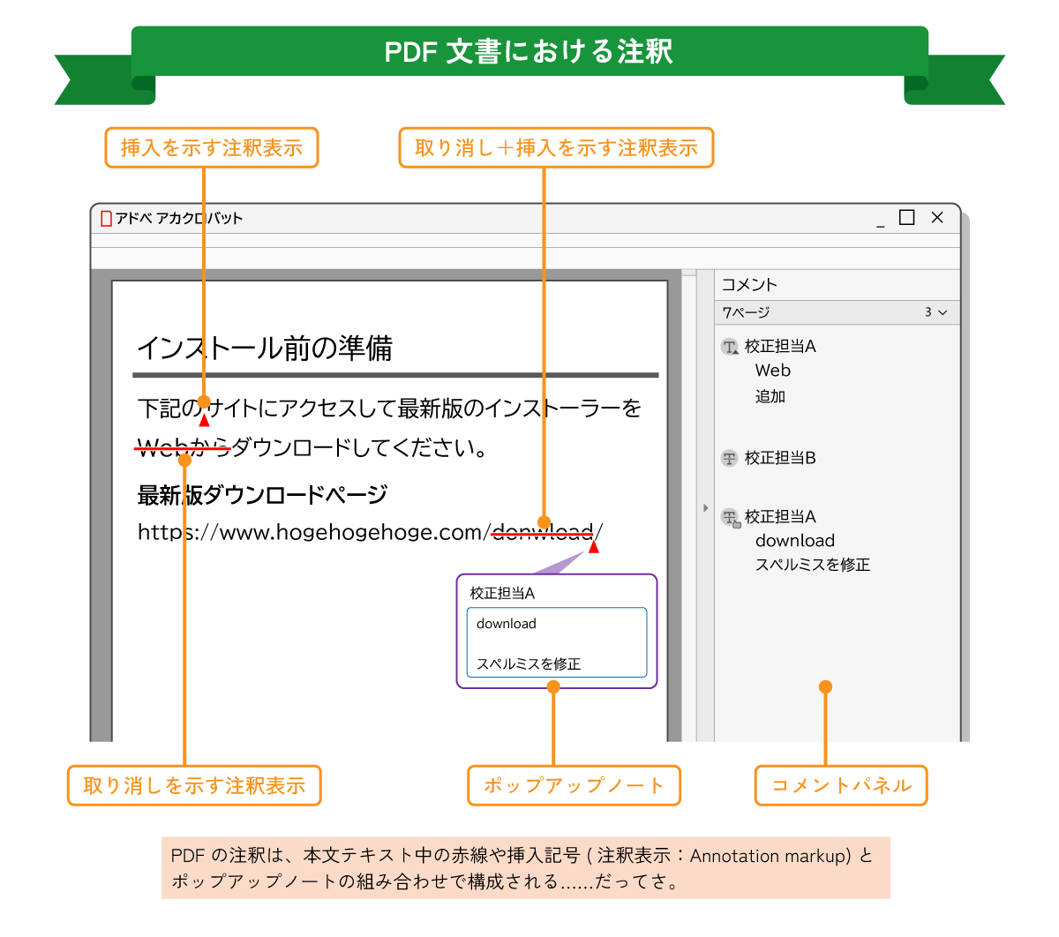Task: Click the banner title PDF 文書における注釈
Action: click(x=529, y=51)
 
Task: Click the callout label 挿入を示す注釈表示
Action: click(x=212, y=148)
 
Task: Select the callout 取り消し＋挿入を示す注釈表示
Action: click(x=556, y=148)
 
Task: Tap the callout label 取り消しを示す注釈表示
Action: click(x=194, y=785)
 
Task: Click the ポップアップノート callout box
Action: click(x=574, y=785)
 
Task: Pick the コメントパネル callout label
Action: click(x=841, y=785)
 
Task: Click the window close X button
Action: click(x=937, y=217)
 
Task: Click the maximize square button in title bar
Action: click(x=906, y=217)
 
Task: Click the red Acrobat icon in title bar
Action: click(x=107, y=218)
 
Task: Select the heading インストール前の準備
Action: click(x=265, y=349)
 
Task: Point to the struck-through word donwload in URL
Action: click(x=542, y=532)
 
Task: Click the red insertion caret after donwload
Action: click(x=594, y=548)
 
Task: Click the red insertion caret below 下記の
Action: click(x=204, y=421)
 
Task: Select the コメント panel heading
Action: click(x=749, y=284)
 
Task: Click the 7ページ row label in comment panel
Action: click(x=746, y=312)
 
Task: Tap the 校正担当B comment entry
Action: click(x=780, y=458)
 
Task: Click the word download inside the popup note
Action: click(x=507, y=624)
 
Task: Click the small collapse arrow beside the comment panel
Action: click(x=705, y=508)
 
